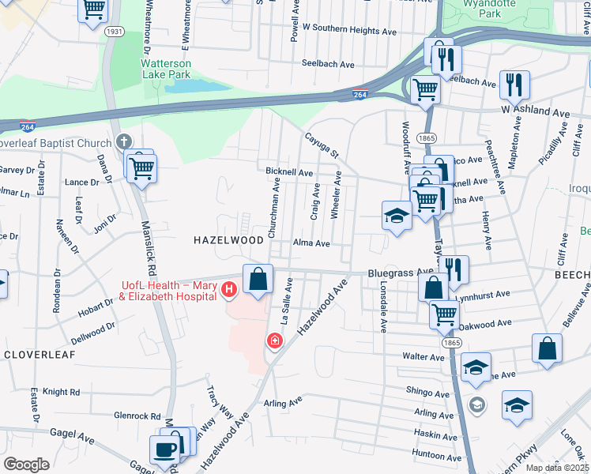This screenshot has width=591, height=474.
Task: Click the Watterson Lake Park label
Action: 166,69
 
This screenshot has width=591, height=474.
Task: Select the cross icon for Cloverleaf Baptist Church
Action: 122,143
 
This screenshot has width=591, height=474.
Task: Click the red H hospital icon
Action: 229,291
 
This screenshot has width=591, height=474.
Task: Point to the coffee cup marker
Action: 165,450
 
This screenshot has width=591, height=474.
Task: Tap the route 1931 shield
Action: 114,31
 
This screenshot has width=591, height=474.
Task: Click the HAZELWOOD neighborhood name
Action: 229,239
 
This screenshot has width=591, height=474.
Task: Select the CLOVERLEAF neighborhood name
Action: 39,355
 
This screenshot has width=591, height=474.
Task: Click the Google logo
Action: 26,464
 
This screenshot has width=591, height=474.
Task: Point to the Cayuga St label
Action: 322,143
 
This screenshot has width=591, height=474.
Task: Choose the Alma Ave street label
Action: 311,244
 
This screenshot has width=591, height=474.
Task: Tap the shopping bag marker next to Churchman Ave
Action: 258,279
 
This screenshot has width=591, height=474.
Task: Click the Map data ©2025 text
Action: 557,468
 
